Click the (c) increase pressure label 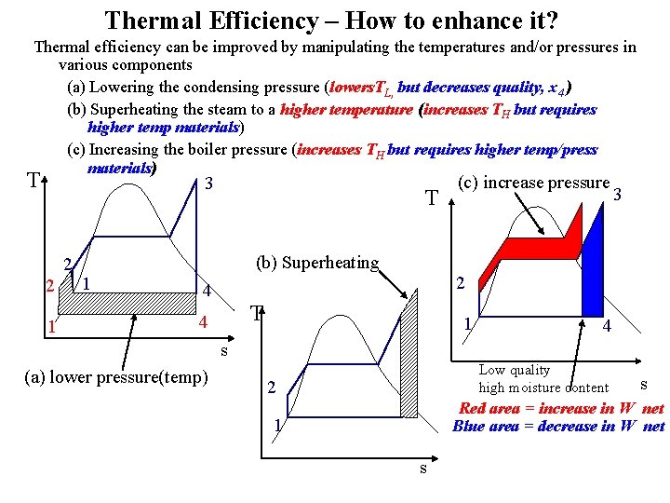[534, 184]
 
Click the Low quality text [514, 371]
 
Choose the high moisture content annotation [543, 387]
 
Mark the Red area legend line [561, 408]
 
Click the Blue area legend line [558, 427]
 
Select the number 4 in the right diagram [606, 327]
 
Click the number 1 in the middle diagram [276, 426]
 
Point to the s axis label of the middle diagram [423, 468]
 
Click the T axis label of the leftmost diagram [33, 181]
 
